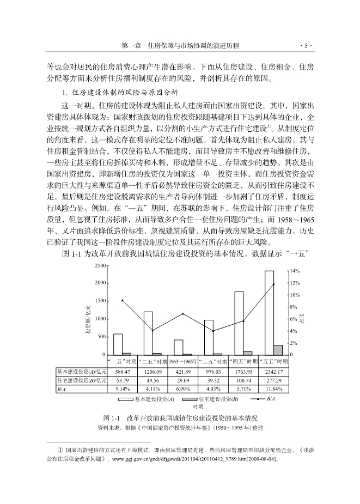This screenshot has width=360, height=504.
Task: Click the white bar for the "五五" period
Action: [x=269, y=312]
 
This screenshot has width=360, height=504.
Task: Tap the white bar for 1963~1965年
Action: [x=179, y=347]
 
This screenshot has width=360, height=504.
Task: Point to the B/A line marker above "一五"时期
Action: [x=122, y=300]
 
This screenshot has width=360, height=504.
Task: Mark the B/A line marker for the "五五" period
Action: [x=273, y=284]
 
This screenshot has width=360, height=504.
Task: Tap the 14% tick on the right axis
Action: [x=295, y=271]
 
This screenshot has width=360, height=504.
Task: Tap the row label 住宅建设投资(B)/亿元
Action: [x=81, y=380]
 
